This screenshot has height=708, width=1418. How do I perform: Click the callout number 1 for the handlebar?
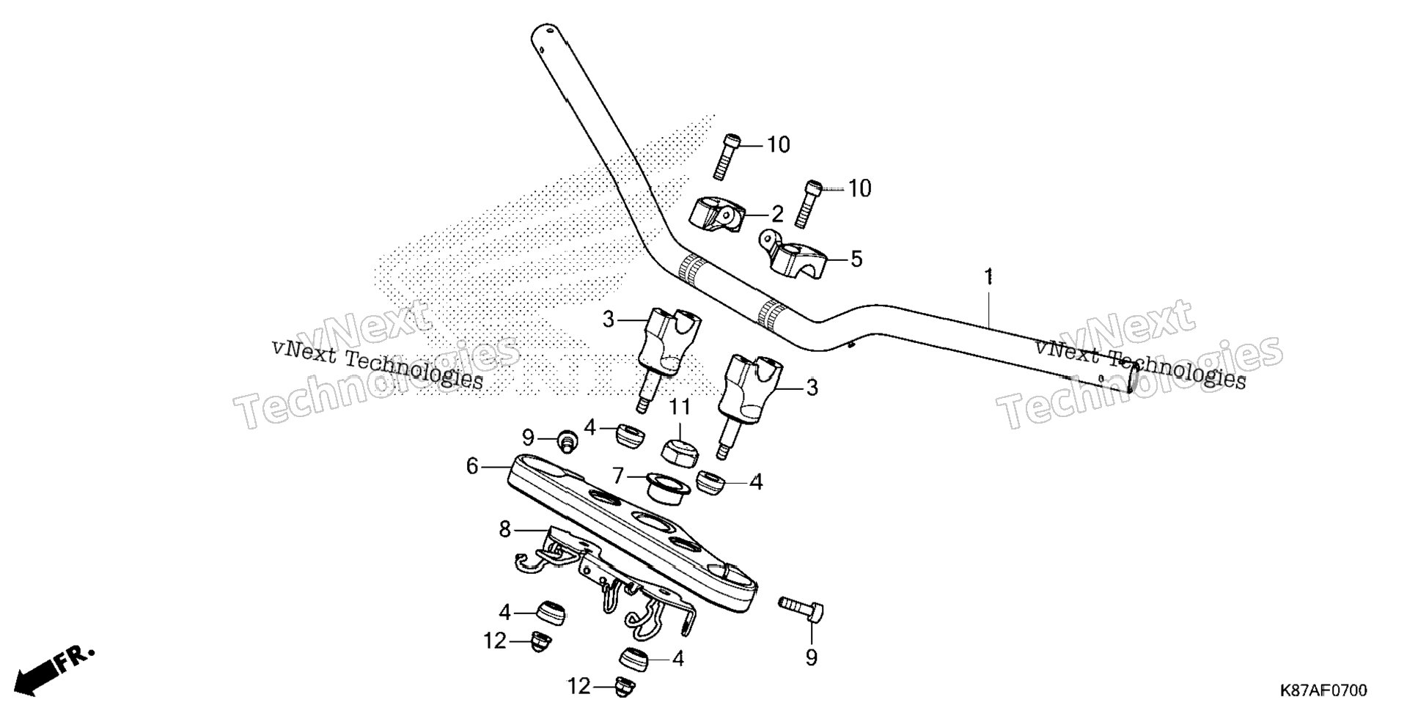(988, 277)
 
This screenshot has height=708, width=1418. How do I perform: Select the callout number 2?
(777, 214)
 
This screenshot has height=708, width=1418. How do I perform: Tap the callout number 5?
(856, 259)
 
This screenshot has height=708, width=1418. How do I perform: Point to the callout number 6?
(472, 466)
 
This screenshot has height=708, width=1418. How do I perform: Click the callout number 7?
(618, 476)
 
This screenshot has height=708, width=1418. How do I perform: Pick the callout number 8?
(504, 529)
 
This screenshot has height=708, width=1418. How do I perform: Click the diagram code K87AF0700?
(1323, 691)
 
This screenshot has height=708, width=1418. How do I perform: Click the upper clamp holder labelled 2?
(716, 214)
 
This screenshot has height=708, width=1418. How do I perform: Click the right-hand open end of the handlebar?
(1133, 380)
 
